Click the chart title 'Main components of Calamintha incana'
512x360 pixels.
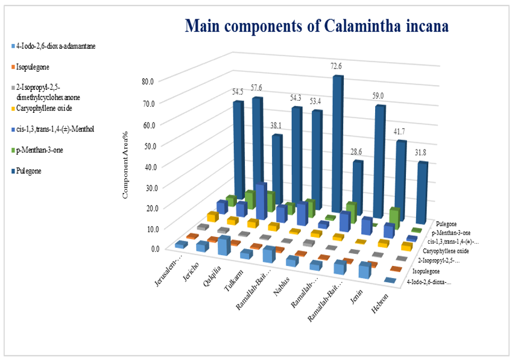(x=317, y=27)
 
